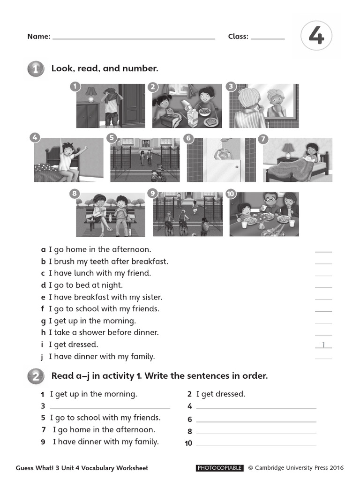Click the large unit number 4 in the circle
(x=316, y=36)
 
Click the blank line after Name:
(x=134, y=38)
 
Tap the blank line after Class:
(x=268, y=38)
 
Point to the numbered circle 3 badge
(x=231, y=86)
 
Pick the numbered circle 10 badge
(x=231, y=194)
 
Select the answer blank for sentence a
(x=323, y=251)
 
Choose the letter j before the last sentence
(x=42, y=357)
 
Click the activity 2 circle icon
(x=36, y=376)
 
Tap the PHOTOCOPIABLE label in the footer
(x=219, y=468)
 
